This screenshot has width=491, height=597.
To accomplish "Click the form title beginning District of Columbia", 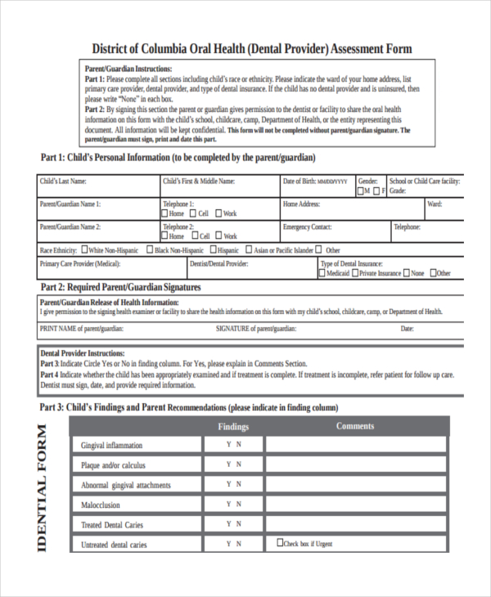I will click(x=252, y=49).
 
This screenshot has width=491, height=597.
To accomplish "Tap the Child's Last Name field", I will click(x=98, y=186).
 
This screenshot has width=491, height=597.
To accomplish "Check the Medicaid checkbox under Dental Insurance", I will click(x=322, y=274).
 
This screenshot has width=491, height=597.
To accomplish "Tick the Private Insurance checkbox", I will click(x=356, y=274).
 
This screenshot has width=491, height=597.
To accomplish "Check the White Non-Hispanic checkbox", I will click(x=83, y=250).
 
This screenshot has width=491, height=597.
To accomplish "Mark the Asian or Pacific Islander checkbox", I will click(x=248, y=250).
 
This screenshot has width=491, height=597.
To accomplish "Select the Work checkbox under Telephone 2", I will click(x=220, y=236).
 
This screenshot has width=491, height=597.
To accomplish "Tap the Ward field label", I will click(x=435, y=204).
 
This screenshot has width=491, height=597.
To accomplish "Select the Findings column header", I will click(x=233, y=426).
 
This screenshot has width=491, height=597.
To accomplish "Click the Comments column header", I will click(x=355, y=426).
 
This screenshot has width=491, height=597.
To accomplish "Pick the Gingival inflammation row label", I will click(x=111, y=446).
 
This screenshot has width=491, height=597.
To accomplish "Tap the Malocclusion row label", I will click(x=101, y=505).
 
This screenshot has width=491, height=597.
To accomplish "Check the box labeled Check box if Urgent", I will click(x=280, y=541).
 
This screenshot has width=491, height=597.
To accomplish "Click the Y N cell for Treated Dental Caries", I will click(x=233, y=524).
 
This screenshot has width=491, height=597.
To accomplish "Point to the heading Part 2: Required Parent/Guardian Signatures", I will click(x=120, y=288).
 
